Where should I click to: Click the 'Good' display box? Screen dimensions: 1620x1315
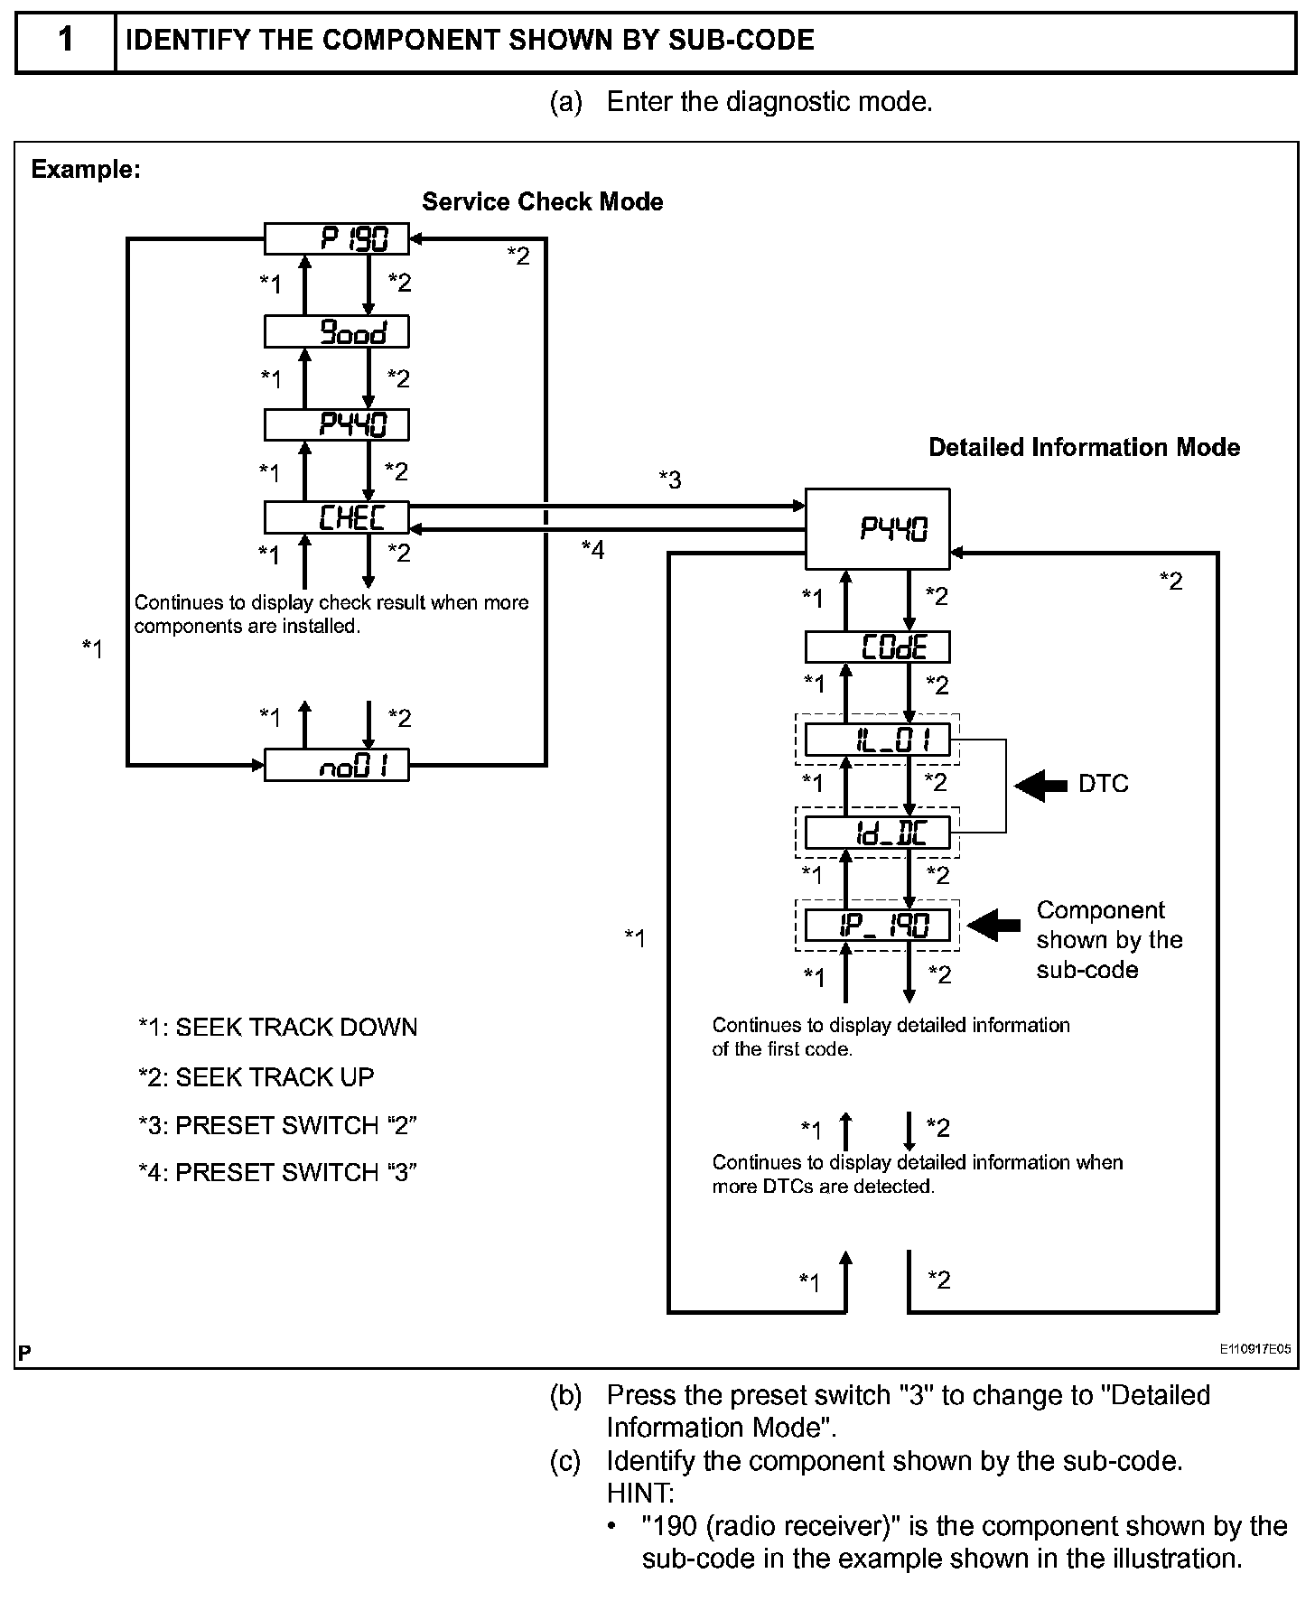point(336,331)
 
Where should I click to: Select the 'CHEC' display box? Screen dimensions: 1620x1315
point(336,517)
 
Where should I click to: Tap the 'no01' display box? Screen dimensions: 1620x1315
point(336,765)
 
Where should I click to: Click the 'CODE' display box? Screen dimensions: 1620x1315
point(877,647)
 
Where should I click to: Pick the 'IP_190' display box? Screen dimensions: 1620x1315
point(877,926)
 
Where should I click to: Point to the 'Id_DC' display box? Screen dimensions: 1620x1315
point(877,833)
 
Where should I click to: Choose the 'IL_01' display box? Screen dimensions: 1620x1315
point(877,740)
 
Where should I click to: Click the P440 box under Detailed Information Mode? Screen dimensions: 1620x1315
point(877,528)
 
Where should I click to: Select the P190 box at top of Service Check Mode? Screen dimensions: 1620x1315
point(336,238)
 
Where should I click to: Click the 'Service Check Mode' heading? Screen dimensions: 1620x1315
point(542,201)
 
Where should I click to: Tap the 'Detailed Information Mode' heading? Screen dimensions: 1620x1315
point(1084,447)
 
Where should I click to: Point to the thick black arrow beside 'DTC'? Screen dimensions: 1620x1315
point(1040,785)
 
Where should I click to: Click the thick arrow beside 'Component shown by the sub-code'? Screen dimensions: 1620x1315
point(993,925)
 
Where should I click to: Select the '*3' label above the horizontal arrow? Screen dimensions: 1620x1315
point(669,479)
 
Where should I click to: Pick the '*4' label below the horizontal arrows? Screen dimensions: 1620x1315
point(592,549)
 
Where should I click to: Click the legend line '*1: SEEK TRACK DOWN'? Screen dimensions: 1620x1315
point(277,1028)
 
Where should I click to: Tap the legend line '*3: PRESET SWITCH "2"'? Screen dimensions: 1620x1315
point(277,1125)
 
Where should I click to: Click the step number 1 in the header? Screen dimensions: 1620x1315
point(66,41)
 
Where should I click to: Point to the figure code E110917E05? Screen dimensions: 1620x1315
point(1254,1349)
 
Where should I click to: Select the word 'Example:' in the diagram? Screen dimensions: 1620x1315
point(86,169)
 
